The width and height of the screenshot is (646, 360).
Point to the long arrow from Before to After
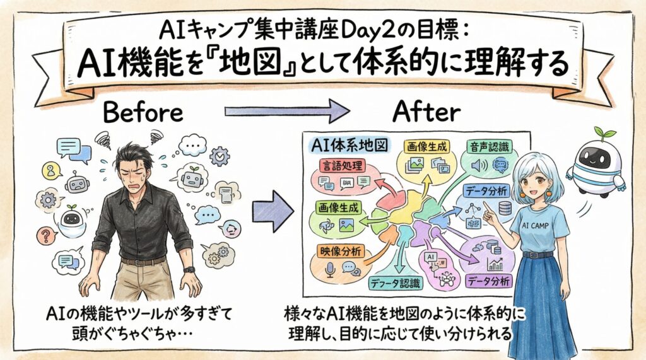point(287,112)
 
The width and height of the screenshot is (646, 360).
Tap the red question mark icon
point(45,238)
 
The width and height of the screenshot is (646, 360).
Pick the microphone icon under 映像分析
point(329,269)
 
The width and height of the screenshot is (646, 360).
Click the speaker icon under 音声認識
point(478,165)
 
